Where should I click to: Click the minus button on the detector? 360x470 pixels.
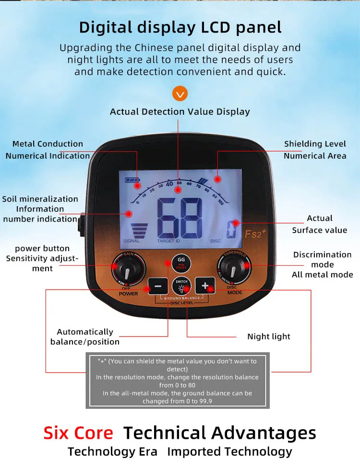point(158,286)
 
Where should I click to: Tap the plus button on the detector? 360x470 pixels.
point(205,286)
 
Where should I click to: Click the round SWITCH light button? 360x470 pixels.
point(181,286)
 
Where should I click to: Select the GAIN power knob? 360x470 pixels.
point(128,270)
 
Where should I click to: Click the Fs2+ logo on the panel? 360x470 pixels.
point(253,234)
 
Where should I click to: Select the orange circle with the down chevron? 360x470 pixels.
point(180,93)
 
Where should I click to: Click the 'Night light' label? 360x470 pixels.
point(269,337)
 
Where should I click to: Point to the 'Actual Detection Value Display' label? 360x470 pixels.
point(180,112)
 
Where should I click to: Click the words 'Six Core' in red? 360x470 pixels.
point(78,433)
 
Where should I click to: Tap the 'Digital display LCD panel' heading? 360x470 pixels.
point(180,27)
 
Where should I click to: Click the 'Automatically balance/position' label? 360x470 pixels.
point(85,337)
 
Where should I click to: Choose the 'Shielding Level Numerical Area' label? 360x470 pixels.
point(315,150)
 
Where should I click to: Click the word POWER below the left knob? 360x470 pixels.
point(128,294)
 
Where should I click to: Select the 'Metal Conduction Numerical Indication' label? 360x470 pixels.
point(48,150)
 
